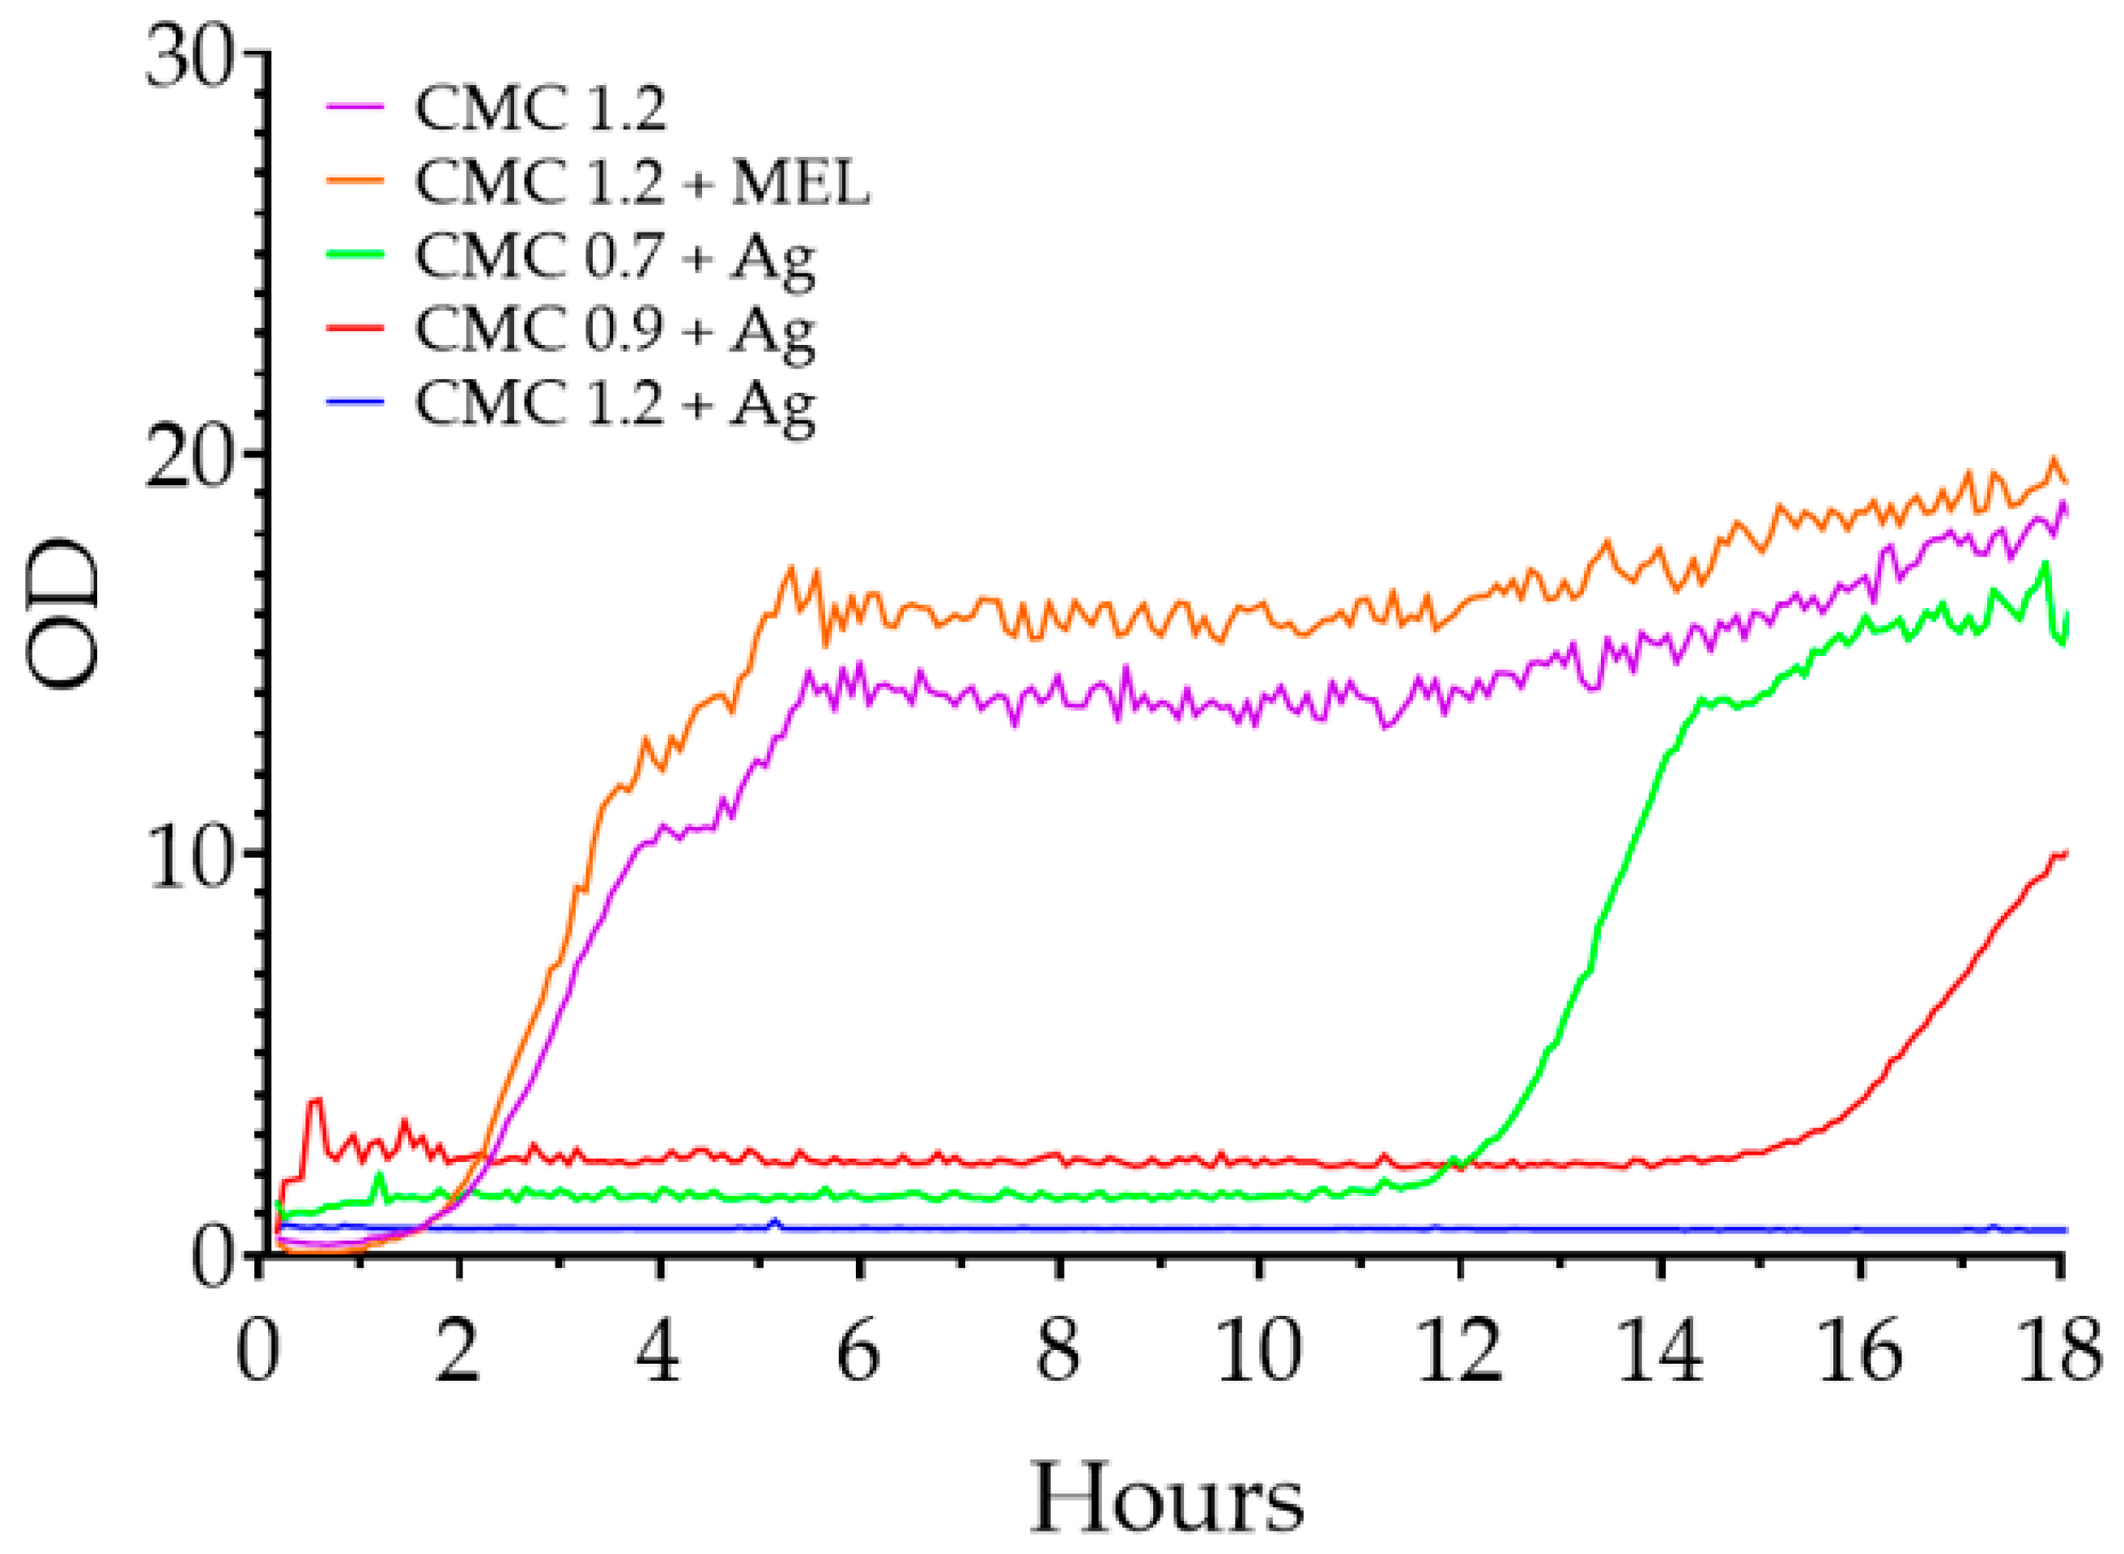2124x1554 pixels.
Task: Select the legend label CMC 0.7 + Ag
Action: pos(615,257)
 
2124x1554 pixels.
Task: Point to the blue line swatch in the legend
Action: pos(355,402)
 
